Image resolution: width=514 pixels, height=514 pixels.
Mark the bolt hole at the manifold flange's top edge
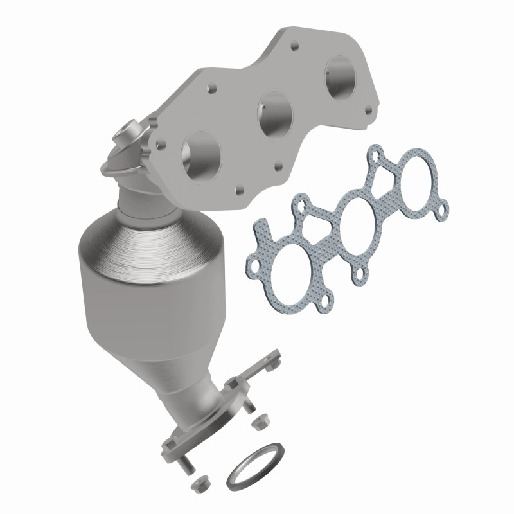tap(294, 47)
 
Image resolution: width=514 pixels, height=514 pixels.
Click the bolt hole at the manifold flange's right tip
tap(369, 111)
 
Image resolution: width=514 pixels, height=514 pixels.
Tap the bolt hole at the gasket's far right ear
tap(443, 206)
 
